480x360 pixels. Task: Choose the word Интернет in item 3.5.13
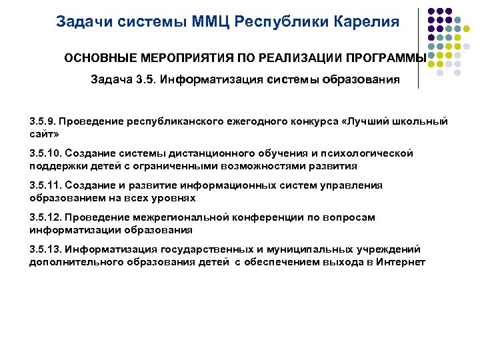(x=399, y=261)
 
